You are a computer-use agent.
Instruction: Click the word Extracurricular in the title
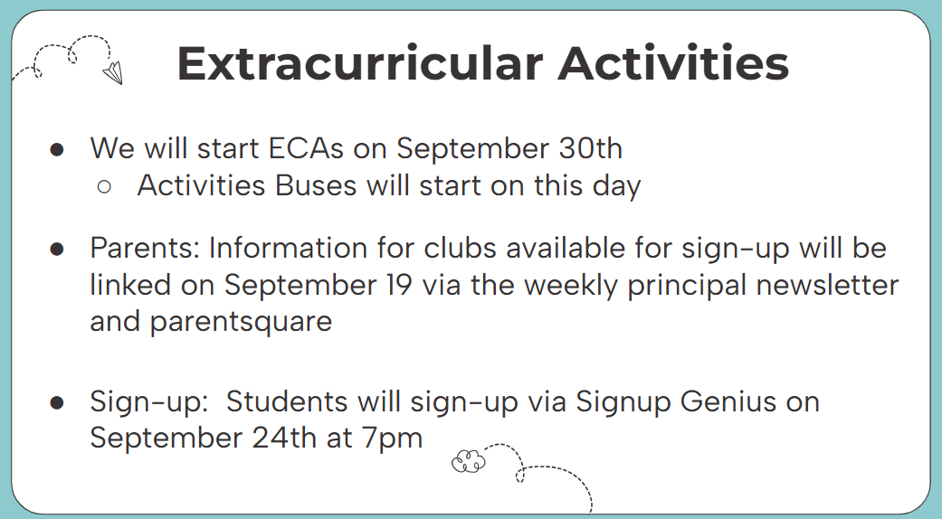click(x=360, y=63)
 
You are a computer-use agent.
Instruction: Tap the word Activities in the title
click(x=673, y=63)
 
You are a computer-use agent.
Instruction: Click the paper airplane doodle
click(x=113, y=73)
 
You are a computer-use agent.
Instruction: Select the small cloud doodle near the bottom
click(x=468, y=461)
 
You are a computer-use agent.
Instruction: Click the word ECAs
click(x=307, y=148)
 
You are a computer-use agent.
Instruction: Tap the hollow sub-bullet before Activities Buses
click(x=103, y=186)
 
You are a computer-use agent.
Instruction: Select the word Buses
click(x=316, y=185)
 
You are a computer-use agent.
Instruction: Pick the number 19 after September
click(x=398, y=285)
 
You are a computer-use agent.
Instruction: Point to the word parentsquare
click(x=241, y=322)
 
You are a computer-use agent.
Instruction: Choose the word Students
click(x=287, y=401)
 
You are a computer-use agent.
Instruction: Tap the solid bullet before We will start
click(x=57, y=149)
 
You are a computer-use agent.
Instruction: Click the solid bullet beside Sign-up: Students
click(x=57, y=402)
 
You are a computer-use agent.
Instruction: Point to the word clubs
click(x=460, y=248)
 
